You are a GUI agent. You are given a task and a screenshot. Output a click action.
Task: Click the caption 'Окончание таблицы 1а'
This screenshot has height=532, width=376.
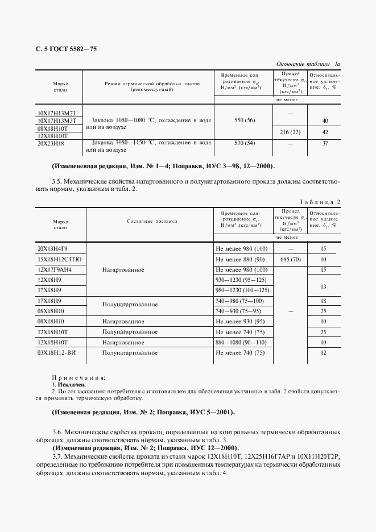coord(308,65)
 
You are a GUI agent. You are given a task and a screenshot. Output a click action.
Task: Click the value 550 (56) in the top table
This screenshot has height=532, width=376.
coord(244,121)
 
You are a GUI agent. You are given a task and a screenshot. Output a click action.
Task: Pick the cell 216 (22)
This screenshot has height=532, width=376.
coord(290,132)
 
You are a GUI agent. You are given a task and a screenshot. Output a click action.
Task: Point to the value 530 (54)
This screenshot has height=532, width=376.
coord(244,143)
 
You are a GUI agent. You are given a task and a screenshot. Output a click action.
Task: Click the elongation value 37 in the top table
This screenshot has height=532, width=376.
coord(325,143)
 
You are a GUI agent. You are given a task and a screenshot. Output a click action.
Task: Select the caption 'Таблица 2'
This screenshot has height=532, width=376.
coord(319,202)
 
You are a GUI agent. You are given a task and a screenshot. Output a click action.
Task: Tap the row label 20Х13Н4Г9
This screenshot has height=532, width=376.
coord(52,249)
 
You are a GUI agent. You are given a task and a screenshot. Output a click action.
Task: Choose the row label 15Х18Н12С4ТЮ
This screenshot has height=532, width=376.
coord(59,259)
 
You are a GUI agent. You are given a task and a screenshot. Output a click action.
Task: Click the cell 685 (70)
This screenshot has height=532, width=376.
coord(290,259)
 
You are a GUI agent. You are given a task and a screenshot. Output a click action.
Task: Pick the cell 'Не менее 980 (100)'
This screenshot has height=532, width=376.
coord(242,249)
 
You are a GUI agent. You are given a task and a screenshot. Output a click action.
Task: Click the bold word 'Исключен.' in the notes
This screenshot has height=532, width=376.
coord(69,385)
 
